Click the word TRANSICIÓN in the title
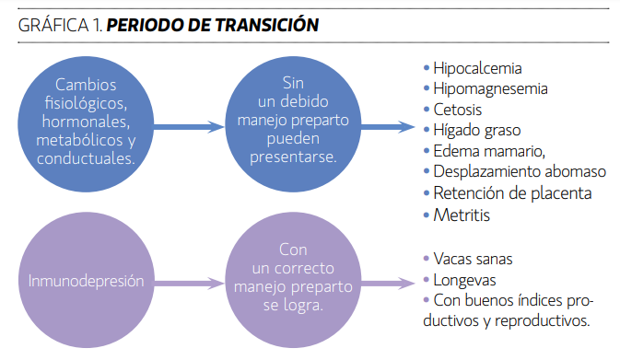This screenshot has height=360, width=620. (x=267, y=25)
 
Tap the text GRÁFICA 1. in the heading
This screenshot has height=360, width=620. (x=61, y=25)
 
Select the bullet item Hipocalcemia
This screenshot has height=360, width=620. (x=477, y=68)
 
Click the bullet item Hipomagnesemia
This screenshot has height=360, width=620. (x=490, y=89)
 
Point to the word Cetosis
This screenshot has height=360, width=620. (x=458, y=110)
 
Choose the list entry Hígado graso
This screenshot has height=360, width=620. (x=477, y=131)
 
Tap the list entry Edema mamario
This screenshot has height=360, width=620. (x=489, y=151)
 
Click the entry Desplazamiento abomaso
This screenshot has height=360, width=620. (x=520, y=172)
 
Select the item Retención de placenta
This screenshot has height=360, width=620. (x=512, y=193)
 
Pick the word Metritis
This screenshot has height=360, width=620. (x=462, y=215)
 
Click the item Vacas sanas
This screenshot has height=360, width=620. (x=473, y=260)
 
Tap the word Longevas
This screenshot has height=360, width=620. (x=464, y=280)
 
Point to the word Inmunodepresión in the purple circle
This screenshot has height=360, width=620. (x=86, y=281)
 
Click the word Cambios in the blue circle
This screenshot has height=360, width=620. (x=86, y=85)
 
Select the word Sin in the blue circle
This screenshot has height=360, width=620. (x=293, y=83)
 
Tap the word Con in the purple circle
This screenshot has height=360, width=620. (x=293, y=250)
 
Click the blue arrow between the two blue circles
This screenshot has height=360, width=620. (x=189, y=127)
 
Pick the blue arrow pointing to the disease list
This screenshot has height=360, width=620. (x=388, y=127)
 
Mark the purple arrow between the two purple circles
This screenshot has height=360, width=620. (x=189, y=284)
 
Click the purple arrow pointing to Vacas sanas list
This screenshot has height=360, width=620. (x=388, y=284)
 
